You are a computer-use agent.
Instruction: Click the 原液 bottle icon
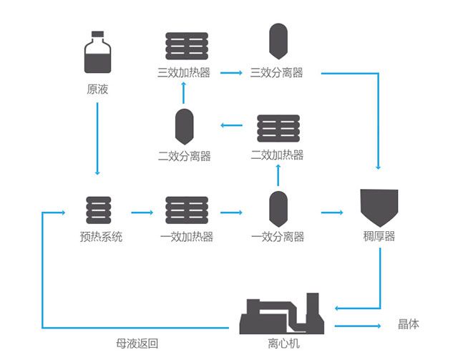[x=97, y=52]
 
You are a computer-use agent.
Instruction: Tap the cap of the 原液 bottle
[x=97, y=34]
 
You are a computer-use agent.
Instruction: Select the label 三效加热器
[x=184, y=72]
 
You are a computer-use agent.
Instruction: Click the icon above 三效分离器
[x=278, y=42]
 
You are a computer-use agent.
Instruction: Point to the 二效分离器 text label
[x=185, y=156]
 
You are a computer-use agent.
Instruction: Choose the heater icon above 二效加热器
[x=278, y=128]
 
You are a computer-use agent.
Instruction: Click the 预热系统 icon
[x=99, y=210]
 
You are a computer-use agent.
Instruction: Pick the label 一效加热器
[x=187, y=236]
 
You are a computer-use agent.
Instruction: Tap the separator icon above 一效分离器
[x=278, y=209]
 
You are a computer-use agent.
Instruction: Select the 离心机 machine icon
[x=282, y=313]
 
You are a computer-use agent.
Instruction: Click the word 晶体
[x=409, y=324]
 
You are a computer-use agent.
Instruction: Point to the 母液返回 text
[x=137, y=344]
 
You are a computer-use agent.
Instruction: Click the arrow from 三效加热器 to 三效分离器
[x=231, y=73]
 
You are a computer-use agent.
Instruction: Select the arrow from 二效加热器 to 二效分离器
[x=231, y=125]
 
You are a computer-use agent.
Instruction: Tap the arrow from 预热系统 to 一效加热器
[x=142, y=213]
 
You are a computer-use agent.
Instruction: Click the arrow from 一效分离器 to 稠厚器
[x=332, y=213]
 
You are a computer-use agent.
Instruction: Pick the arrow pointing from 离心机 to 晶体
[x=358, y=326]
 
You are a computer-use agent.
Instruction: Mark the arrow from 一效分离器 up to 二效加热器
[x=278, y=175]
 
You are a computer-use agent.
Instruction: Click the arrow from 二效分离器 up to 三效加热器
[x=183, y=93]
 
